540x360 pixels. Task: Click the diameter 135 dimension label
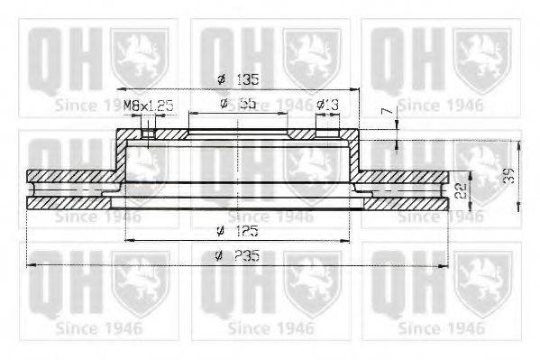[x=237, y=78]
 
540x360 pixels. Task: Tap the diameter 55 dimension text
[x=238, y=105]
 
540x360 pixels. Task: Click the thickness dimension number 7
[x=385, y=113]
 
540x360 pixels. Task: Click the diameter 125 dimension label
[x=238, y=231]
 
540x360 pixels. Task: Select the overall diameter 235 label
[x=238, y=255]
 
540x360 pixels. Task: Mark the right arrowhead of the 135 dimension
[x=355, y=88]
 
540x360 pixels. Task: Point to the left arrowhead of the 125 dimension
[x=128, y=240]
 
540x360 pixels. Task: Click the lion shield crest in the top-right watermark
[x=481, y=56]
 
